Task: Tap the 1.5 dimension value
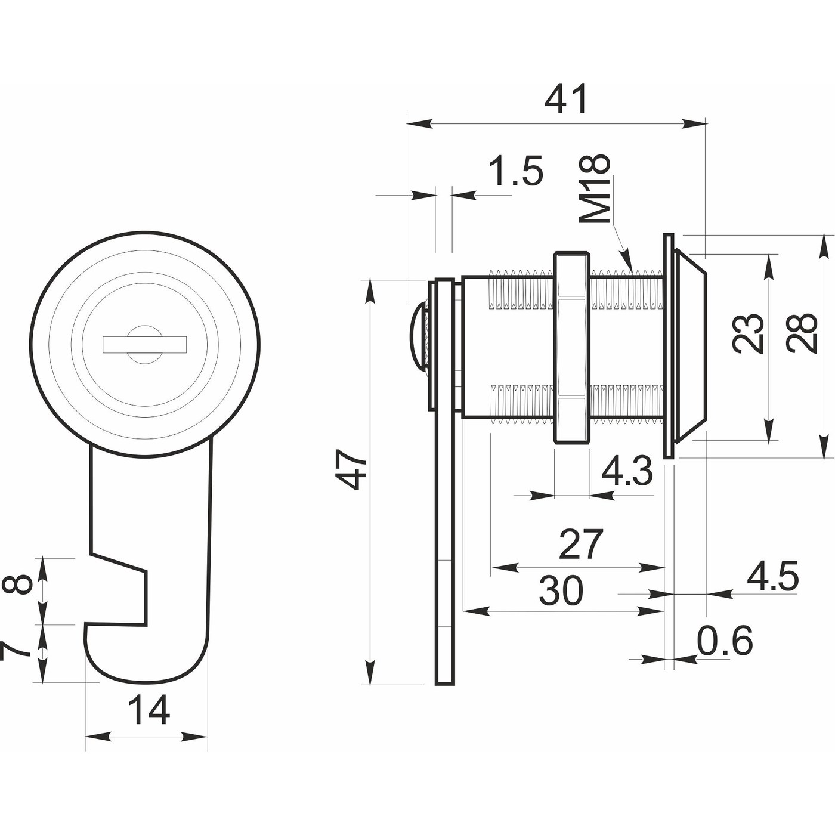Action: pyautogui.click(x=516, y=171)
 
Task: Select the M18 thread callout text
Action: pyautogui.click(x=596, y=189)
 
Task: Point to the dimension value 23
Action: pyautogui.click(x=750, y=333)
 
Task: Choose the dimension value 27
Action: pyautogui.click(x=581, y=544)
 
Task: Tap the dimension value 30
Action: pyautogui.click(x=561, y=591)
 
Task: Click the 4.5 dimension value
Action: pyautogui.click(x=772, y=577)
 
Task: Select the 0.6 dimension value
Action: pyautogui.click(x=725, y=642)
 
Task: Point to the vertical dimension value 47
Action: pyautogui.click(x=351, y=471)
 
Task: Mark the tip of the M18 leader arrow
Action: pyautogui.click(x=631, y=268)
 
